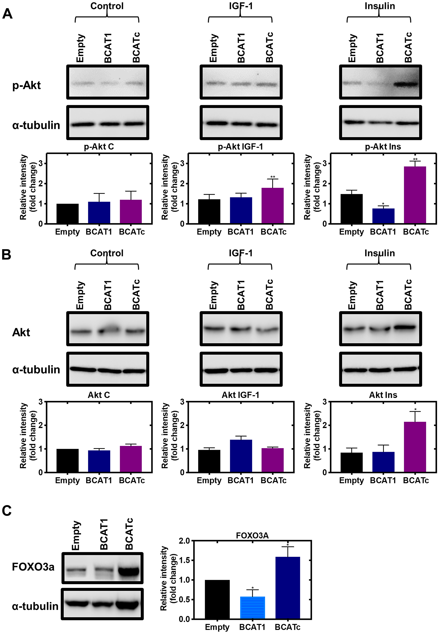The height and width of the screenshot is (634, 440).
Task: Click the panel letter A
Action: coord(7,14)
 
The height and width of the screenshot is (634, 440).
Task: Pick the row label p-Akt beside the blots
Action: coord(26,85)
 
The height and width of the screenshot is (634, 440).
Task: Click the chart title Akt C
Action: coord(99,395)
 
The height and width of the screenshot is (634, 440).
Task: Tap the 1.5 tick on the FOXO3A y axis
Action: coord(184,560)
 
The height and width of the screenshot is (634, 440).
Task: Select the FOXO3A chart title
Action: coord(252,536)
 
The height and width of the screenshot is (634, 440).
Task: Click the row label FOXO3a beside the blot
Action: coord(33,567)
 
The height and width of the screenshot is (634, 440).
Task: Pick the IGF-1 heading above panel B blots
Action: coord(240,253)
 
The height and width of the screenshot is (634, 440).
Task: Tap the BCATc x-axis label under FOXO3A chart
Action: coord(287,627)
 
